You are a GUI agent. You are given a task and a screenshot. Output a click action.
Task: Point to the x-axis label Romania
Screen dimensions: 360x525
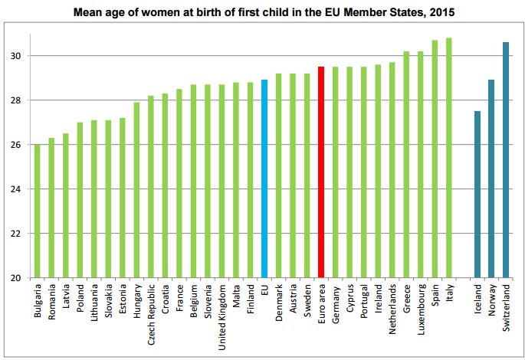pos(52,302)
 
